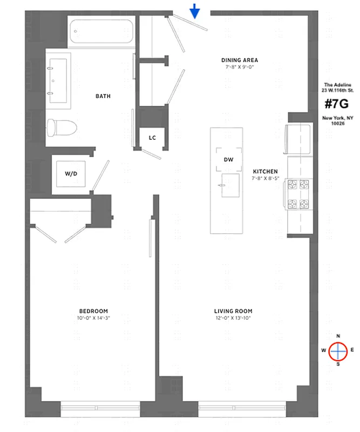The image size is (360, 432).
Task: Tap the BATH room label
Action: coord(103,96)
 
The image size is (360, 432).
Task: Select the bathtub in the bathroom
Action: coord(101,33)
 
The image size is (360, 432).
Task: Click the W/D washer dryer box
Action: coord(71,174)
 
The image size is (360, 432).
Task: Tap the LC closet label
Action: coord(152,138)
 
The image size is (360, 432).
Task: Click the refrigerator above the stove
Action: coord(298,139)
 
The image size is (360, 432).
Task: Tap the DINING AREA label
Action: coord(240,60)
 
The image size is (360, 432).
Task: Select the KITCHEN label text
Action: coord(265,171)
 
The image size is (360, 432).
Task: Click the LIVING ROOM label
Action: coord(233,311)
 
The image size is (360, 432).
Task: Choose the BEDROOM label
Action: coord(93,311)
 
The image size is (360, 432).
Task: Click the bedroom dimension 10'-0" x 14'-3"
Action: coord(93,318)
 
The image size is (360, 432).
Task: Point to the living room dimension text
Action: coord(233,318)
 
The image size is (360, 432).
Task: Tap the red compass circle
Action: coord(338,352)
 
